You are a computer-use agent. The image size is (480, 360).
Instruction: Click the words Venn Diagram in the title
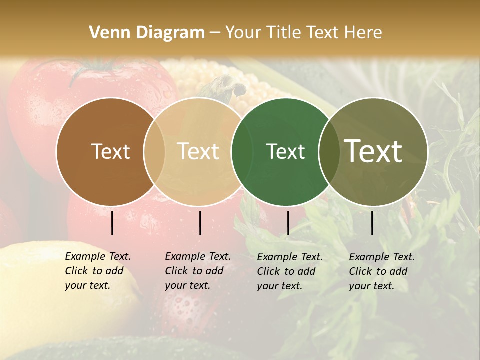point(147,33)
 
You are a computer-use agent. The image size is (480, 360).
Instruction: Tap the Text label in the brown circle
point(110,151)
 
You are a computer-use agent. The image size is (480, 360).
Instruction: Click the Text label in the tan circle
point(198,151)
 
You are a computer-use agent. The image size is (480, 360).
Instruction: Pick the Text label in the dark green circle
point(285,151)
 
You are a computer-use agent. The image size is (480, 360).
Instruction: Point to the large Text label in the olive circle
point(373,151)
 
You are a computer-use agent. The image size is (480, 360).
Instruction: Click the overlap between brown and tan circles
point(154,151)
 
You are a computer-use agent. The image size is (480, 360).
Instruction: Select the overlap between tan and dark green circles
point(242,151)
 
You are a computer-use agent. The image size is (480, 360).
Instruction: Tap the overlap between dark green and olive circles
point(329,151)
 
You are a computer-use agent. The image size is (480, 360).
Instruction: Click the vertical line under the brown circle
point(112,223)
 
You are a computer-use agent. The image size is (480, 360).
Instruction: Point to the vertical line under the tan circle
point(200,223)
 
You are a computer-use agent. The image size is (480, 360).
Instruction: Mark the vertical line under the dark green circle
point(288,223)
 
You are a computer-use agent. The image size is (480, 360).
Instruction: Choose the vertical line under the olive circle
point(372,223)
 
